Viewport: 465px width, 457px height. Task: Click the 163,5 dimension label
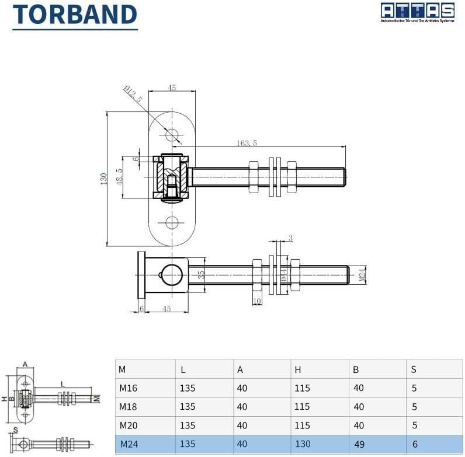pyautogui.click(x=247, y=143)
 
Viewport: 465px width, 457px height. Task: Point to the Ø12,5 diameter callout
pyautogui.click(x=133, y=94)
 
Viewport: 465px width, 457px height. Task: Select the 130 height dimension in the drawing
pyautogui.click(x=103, y=177)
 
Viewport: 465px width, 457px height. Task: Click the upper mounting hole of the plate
pyautogui.click(x=172, y=135)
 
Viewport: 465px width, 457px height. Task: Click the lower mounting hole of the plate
pyautogui.click(x=172, y=222)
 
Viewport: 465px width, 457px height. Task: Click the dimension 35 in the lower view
pyautogui.click(x=202, y=275)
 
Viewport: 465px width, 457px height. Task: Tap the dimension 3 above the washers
pyautogui.click(x=290, y=238)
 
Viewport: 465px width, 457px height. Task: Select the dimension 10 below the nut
pyautogui.click(x=258, y=302)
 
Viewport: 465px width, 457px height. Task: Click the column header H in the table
pyautogui.click(x=298, y=369)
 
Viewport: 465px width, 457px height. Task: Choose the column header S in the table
pyautogui.click(x=414, y=369)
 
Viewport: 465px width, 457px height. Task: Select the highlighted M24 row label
pyautogui.click(x=129, y=444)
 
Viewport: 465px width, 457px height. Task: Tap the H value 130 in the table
pyautogui.click(x=302, y=444)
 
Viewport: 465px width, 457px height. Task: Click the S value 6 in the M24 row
pyautogui.click(x=415, y=444)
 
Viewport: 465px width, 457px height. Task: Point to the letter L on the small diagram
pyautogui.click(x=61, y=383)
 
